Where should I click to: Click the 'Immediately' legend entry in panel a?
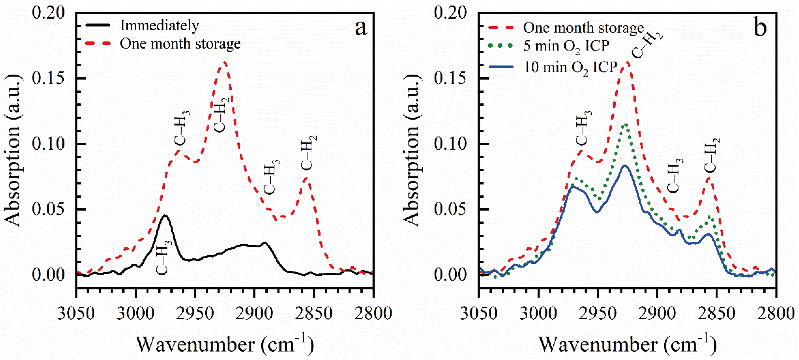pos(159,25)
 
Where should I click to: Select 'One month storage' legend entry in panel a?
pos(180,44)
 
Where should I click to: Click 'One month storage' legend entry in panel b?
pos(583,28)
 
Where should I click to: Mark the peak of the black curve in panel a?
pos(165,215)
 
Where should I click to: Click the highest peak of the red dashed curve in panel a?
pos(225,62)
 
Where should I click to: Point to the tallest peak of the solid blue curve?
pos(625,166)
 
